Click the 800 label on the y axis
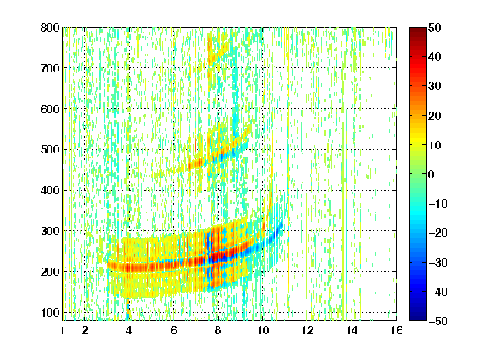click(x=50, y=27)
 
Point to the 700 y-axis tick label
click(x=50, y=68)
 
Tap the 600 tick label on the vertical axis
click(x=50, y=109)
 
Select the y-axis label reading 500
click(x=50, y=150)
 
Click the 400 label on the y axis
click(x=50, y=190)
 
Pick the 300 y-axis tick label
click(x=50, y=231)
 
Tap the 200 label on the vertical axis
click(x=50, y=272)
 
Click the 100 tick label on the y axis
click(x=50, y=312)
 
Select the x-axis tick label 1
click(x=62, y=330)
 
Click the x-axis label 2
click(x=84, y=330)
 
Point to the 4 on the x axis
click(x=129, y=330)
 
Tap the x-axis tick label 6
click(x=173, y=330)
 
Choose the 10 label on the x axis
click(x=262, y=330)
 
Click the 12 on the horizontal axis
click(x=307, y=330)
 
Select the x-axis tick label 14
click(x=352, y=330)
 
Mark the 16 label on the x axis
click(x=397, y=330)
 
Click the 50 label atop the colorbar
click(x=434, y=27)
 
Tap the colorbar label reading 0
click(x=432, y=174)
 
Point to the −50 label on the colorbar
click(x=438, y=321)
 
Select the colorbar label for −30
click(x=438, y=262)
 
